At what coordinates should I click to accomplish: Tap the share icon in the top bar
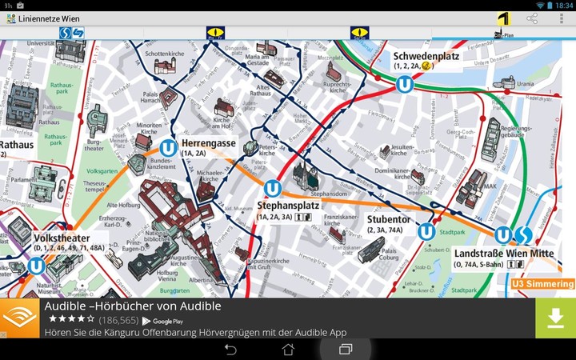coord(532,18)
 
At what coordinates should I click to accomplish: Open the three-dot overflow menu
coord(561,18)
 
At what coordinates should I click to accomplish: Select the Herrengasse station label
coord(208,143)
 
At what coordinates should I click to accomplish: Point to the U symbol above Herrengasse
coord(168,148)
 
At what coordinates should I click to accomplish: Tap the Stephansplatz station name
coord(288,206)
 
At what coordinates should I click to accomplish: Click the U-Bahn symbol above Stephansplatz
coord(274,189)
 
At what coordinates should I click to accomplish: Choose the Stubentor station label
coord(389,219)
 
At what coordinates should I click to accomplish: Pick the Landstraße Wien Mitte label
coord(503,254)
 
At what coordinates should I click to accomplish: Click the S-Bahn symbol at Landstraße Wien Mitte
coord(523,234)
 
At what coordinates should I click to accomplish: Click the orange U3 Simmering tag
coord(542,284)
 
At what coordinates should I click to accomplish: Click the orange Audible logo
coord(19,318)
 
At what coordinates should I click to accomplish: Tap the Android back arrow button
coord(230,350)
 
